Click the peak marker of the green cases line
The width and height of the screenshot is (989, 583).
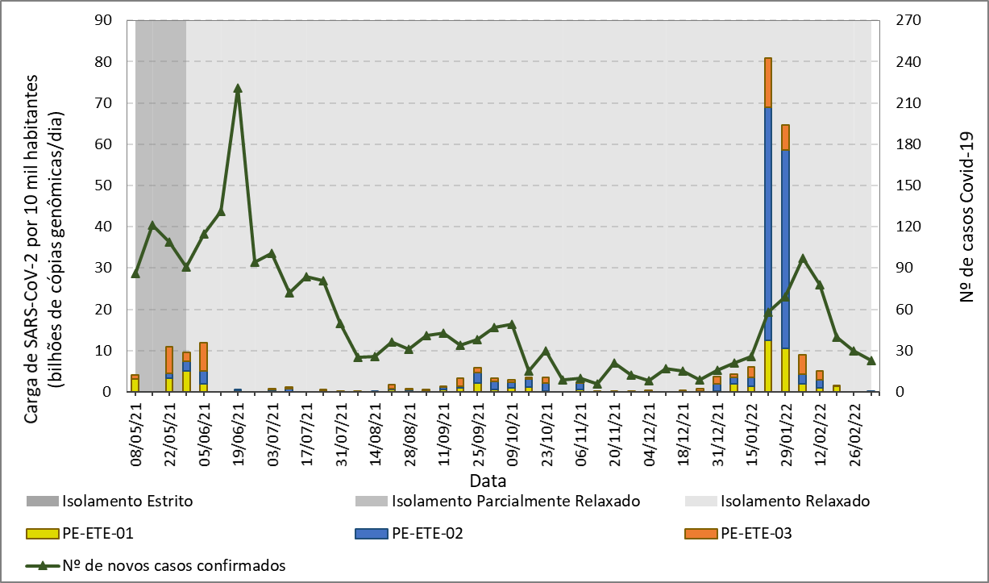238,89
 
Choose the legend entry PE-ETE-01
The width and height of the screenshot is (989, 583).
97,533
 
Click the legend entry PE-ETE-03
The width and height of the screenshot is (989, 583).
755,533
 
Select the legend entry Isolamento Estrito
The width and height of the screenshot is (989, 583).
127,502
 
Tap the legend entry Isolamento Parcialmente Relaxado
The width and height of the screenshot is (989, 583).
516,502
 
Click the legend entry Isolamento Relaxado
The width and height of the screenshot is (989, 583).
796,502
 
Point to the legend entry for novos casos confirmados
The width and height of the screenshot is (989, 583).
173,565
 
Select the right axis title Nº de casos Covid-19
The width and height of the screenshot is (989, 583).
967,206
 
